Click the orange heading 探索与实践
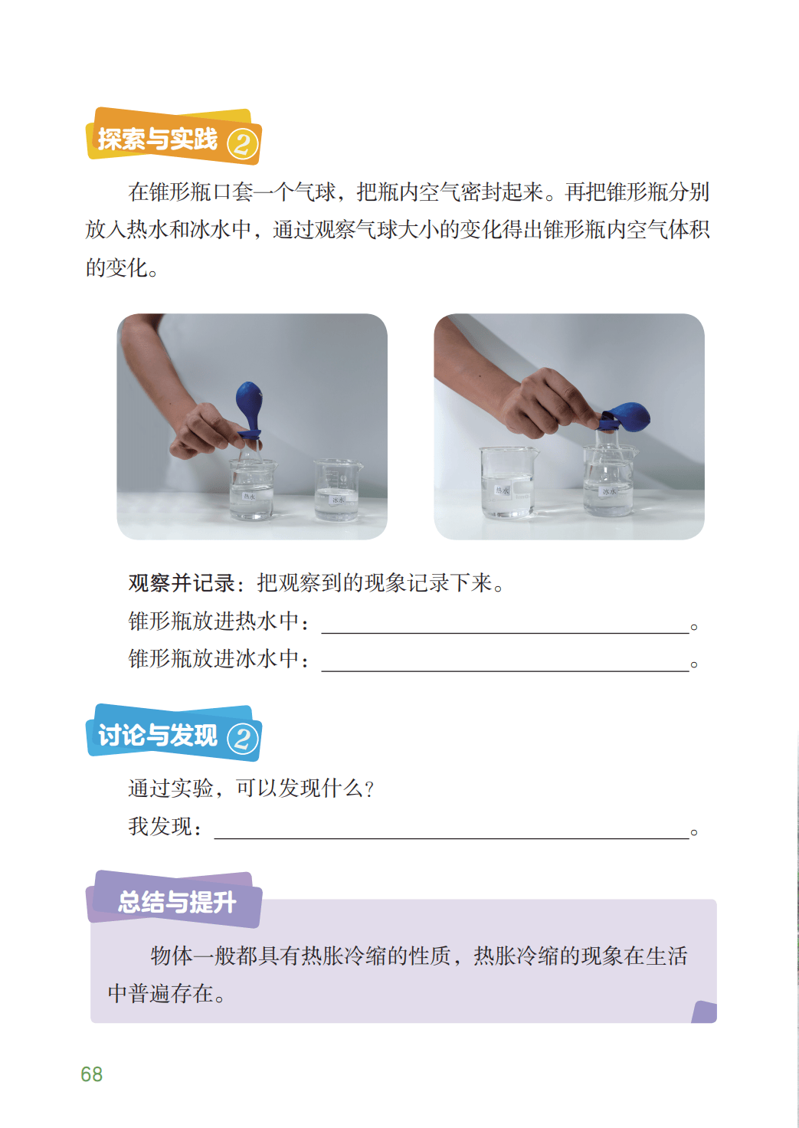point(158,139)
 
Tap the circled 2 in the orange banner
point(243,145)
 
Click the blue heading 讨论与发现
point(158,735)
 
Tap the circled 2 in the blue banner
point(243,739)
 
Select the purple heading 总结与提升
point(177,901)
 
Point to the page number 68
point(92,1074)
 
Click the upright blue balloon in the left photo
point(249,408)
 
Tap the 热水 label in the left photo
point(249,496)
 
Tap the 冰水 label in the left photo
point(338,500)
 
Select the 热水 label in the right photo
point(502,490)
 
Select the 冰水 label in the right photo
point(609,491)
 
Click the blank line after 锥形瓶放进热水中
point(505,632)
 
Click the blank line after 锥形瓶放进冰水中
point(505,671)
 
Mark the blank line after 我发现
point(452,838)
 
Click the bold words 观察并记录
point(182,583)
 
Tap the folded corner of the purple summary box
point(704,1012)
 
